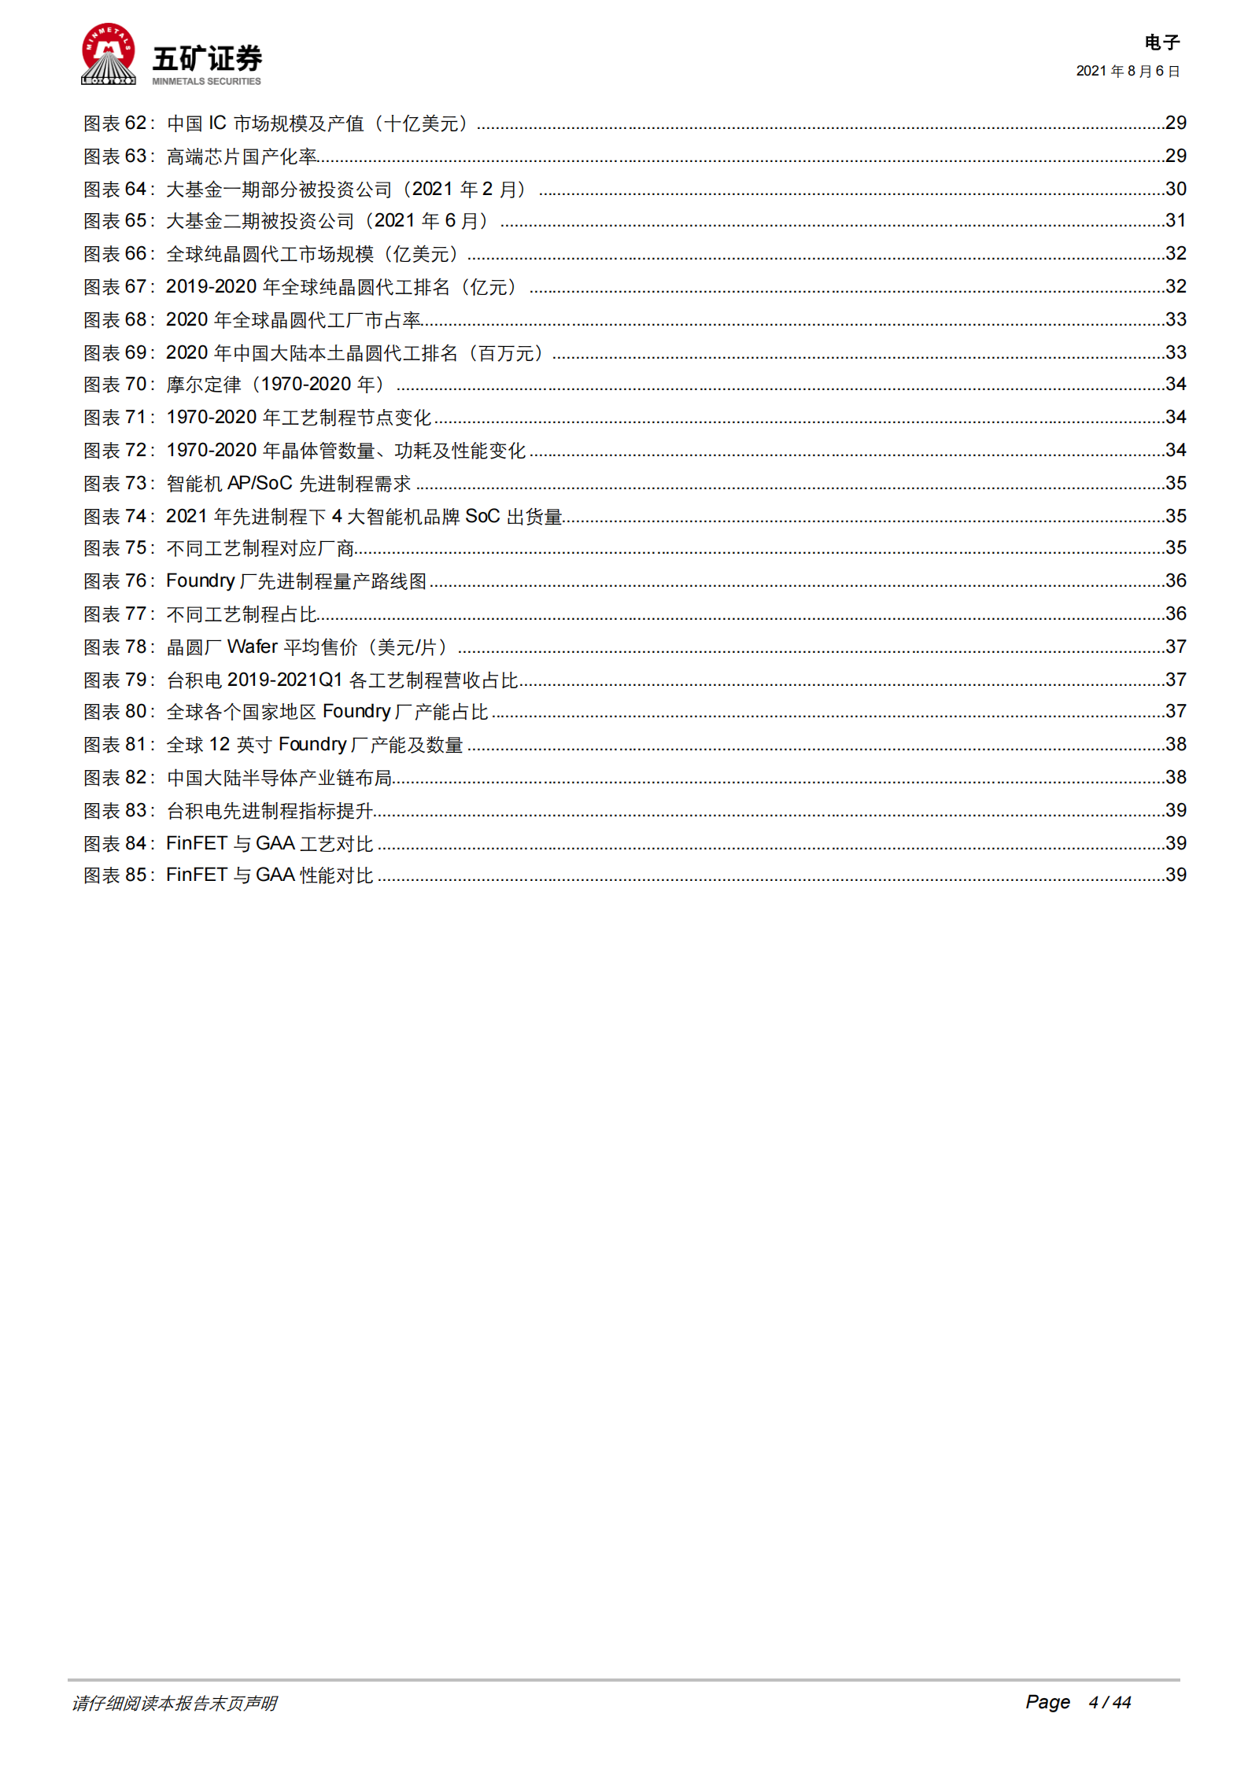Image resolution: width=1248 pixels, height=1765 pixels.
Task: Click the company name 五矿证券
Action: [x=207, y=59]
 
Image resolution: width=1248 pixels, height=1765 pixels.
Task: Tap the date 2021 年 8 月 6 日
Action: [x=1128, y=72]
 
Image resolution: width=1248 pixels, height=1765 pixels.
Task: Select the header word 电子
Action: [x=1161, y=42]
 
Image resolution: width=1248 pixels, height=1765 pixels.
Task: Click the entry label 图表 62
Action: [x=116, y=123]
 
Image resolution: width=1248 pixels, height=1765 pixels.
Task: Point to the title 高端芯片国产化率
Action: [x=242, y=157]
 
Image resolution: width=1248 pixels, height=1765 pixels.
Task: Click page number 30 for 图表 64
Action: [x=1176, y=189]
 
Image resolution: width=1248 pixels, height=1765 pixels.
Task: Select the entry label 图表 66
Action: [x=116, y=254]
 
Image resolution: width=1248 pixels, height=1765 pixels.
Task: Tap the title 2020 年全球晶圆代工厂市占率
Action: [x=294, y=320]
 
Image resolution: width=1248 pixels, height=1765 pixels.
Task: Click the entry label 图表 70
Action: [x=116, y=385]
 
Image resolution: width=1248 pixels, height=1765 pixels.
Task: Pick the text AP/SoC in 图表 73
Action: [x=260, y=483]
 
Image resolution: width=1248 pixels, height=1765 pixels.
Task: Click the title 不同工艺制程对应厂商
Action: [x=260, y=548]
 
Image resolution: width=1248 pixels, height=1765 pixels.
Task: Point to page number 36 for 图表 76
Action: [x=1176, y=580]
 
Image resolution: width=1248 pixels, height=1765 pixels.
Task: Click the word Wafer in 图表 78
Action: [x=253, y=647]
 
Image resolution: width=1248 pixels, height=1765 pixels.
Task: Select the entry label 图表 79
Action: [x=116, y=680]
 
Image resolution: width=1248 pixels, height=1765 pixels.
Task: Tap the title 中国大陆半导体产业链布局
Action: [x=279, y=778]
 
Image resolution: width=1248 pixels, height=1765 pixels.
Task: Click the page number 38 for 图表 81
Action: [x=1176, y=744]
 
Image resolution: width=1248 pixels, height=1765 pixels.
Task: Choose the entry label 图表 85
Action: [x=116, y=875]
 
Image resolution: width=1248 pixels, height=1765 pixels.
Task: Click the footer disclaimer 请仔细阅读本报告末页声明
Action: [x=175, y=1703]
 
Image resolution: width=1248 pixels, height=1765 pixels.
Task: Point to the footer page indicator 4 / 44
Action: [x=1110, y=1702]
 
